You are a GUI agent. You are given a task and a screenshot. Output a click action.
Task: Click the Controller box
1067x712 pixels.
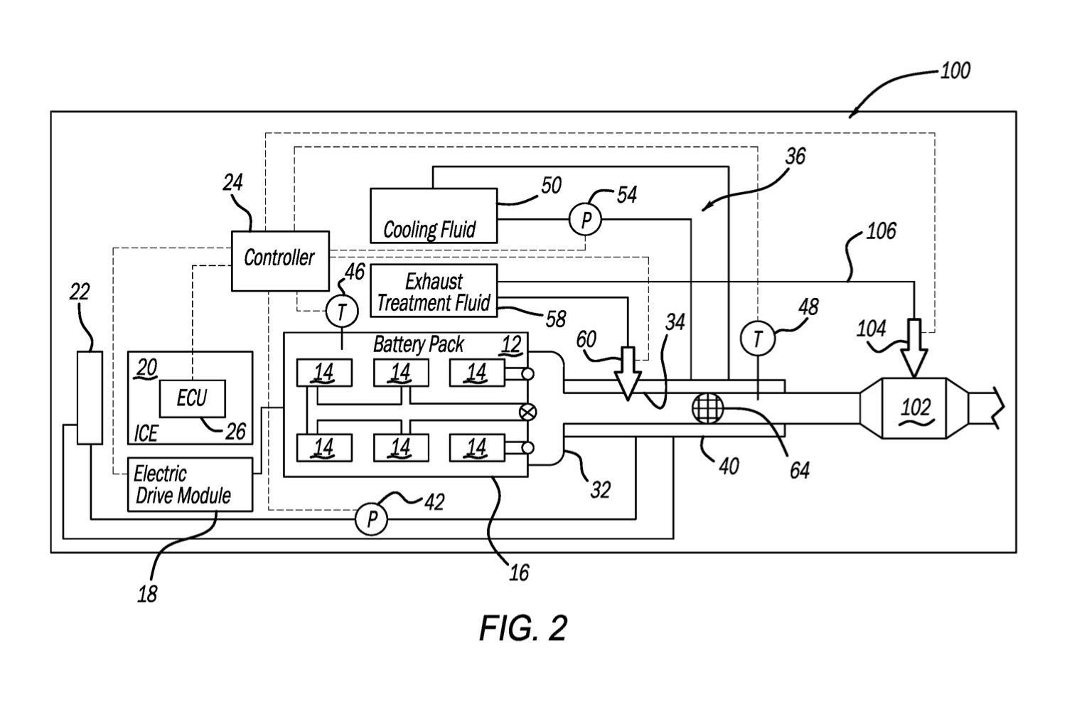click(280, 260)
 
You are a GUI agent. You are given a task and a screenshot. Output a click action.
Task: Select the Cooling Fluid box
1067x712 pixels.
click(434, 216)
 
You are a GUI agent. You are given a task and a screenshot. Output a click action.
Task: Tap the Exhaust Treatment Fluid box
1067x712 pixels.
click(434, 291)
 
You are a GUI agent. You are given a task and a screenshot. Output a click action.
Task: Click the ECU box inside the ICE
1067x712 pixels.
click(192, 398)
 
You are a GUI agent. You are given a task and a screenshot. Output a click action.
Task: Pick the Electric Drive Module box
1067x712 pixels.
click(190, 484)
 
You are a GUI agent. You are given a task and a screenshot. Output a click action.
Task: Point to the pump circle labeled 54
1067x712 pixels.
click(586, 220)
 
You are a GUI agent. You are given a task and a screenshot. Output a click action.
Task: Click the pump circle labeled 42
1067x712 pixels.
click(371, 520)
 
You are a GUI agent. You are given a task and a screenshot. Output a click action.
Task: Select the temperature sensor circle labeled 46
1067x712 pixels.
click(342, 311)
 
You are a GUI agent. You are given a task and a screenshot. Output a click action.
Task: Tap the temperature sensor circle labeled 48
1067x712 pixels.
click(758, 339)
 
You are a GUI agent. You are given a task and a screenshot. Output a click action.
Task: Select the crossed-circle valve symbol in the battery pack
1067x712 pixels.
click(528, 411)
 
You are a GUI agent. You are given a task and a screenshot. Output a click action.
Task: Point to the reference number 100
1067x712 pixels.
click(955, 71)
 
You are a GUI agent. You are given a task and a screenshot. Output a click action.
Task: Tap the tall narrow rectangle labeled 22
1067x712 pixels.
click(90, 398)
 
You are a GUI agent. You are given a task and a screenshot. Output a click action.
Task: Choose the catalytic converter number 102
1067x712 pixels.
click(915, 408)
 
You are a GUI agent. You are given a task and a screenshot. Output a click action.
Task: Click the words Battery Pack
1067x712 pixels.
click(419, 345)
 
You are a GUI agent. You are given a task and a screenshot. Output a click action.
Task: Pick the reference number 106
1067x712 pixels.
click(881, 231)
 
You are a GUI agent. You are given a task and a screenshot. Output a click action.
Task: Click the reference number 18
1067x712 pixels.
click(147, 594)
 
